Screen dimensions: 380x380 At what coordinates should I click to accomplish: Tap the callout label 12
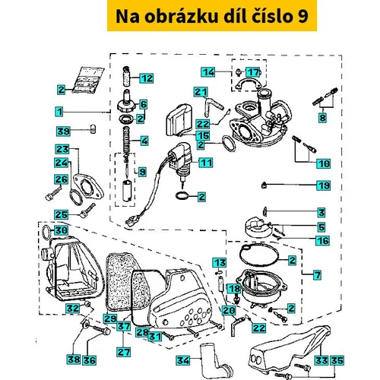point(147,78)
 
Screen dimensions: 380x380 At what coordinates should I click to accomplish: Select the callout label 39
point(63,131)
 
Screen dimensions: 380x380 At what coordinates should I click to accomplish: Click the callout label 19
point(324,185)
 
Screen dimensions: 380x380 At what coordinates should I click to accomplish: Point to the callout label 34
point(183,360)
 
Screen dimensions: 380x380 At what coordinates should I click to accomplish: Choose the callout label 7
point(318,275)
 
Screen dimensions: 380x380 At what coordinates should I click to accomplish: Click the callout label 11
point(206,163)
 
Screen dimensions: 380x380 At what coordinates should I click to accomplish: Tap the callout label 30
point(61,230)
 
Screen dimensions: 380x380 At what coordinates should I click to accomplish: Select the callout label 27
point(124,352)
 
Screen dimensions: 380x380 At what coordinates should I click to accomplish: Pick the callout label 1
point(59,112)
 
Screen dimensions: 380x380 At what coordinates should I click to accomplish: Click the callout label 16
point(323,241)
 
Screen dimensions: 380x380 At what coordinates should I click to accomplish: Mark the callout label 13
point(220,263)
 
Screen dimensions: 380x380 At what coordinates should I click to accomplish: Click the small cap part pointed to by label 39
point(93,129)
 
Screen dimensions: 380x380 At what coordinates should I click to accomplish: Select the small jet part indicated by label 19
point(264,185)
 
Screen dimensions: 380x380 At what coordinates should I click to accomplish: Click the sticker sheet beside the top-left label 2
point(87,80)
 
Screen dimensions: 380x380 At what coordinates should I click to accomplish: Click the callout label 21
point(201,92)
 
